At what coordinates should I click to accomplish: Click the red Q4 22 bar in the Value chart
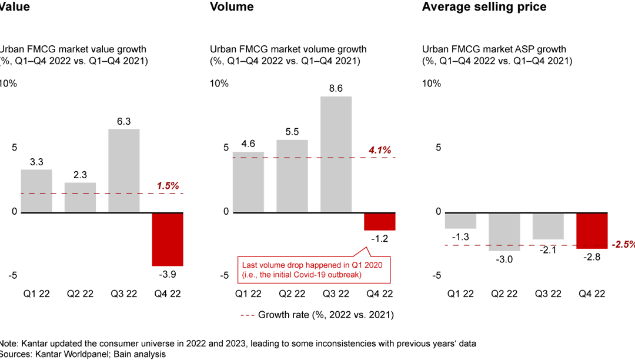click(168, 239)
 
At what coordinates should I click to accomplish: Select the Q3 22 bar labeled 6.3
click(124, 171)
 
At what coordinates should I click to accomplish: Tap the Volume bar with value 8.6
click(336, 154)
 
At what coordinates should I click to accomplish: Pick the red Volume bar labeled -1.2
click(379, 221)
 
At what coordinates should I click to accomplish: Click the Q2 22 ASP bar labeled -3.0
click(504, 232)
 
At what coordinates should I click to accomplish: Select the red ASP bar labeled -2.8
click(591, 231)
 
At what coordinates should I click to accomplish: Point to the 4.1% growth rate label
click(380, 151)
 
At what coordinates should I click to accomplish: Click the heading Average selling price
click(484, 7)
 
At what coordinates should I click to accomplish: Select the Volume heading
click(232, 7)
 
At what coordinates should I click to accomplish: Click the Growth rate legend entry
click(317, 315)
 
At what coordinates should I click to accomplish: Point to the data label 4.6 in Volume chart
click(248, 143)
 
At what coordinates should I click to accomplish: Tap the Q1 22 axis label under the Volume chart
click(248, 294)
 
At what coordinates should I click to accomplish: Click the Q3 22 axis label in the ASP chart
click(548, 294)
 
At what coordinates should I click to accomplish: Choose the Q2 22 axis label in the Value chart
click(80, 294)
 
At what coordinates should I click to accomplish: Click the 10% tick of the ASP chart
click(431, 84)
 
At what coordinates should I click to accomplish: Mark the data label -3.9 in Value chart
click(168, 275)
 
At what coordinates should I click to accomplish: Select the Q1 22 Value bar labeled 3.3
click(36, 191)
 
